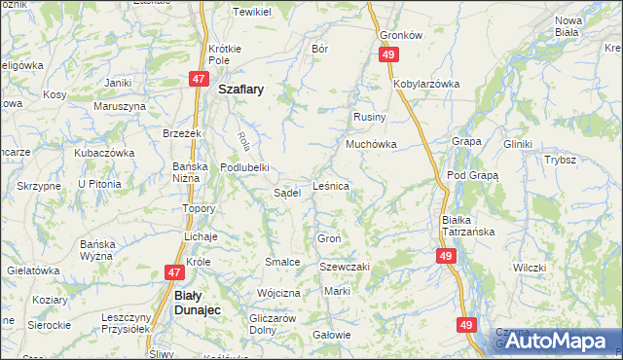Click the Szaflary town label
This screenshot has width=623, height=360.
(241, 87)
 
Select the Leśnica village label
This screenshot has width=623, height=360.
(331, 185)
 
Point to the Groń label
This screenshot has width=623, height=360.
(328, 238)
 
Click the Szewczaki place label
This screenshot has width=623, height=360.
(347, 267)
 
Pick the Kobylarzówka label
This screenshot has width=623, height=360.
(426, 84)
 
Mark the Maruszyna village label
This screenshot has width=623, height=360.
(119, 105)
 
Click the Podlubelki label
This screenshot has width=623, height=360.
(244, 166)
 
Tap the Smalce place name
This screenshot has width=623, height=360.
(281, 262)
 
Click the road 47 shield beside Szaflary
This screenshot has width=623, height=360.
(198, 79)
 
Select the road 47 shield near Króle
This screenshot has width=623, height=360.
(174, 274)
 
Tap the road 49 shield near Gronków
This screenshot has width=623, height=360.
(388, 55)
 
